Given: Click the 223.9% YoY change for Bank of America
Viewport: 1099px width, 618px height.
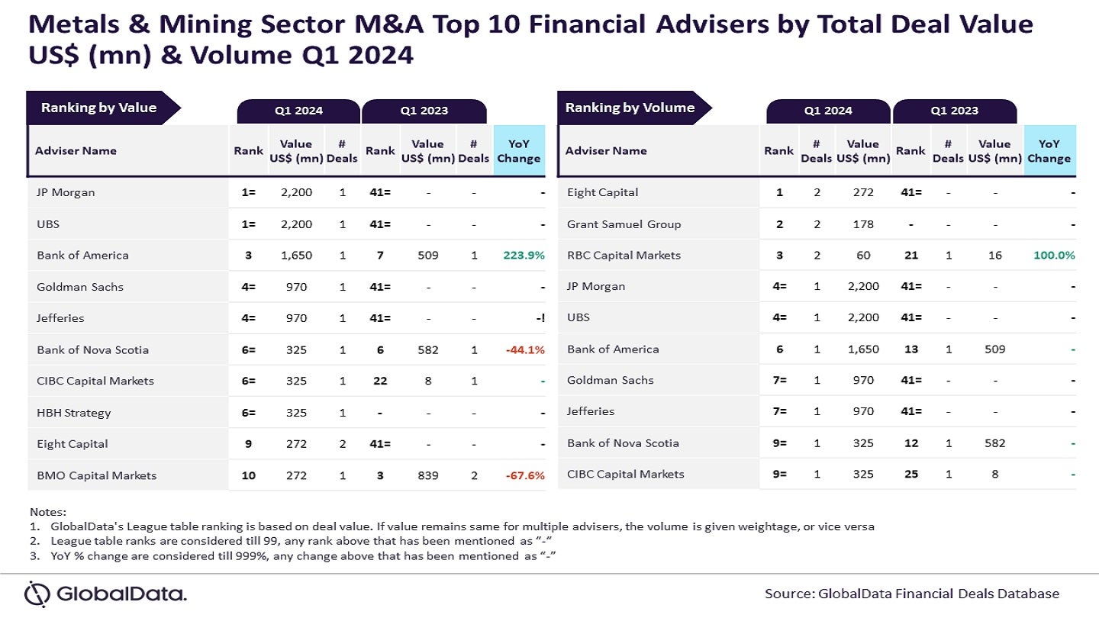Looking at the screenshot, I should [524, 256].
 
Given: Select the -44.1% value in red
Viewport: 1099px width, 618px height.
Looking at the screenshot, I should [524, 350].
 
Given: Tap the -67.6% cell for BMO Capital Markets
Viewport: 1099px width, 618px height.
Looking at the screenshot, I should [524, 475].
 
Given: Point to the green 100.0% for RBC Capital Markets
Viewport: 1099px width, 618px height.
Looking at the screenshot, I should [1054, 256].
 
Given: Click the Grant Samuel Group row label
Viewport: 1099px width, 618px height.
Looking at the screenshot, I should [624, 224].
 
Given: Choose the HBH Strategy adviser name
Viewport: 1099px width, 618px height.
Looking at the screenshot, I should [74, 413].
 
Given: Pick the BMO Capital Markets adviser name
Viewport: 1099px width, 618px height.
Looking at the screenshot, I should [97, 475].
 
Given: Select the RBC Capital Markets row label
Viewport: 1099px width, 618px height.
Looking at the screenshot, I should [624, 256].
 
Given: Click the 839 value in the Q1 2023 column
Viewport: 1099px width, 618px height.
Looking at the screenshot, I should [428, 475].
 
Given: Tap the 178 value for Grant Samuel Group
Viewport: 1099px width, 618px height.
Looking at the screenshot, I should [863, 224].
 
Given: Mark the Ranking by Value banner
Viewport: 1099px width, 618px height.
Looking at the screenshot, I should [99, 108].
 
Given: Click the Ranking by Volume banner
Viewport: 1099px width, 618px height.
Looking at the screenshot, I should [630, 108].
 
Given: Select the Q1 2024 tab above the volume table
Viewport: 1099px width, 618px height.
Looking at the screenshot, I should [828, 111].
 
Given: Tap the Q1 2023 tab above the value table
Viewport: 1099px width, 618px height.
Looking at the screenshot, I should [424, 111].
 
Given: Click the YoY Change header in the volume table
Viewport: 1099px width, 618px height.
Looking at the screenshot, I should [1049, 150].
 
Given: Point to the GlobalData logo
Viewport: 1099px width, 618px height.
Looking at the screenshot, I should [105, 594].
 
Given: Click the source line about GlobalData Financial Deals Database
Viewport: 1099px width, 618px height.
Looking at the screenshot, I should [912, 594].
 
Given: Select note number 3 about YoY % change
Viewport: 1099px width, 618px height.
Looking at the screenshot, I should [295, 556].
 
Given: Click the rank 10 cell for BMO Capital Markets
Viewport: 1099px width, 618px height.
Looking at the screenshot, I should [249, 475].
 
